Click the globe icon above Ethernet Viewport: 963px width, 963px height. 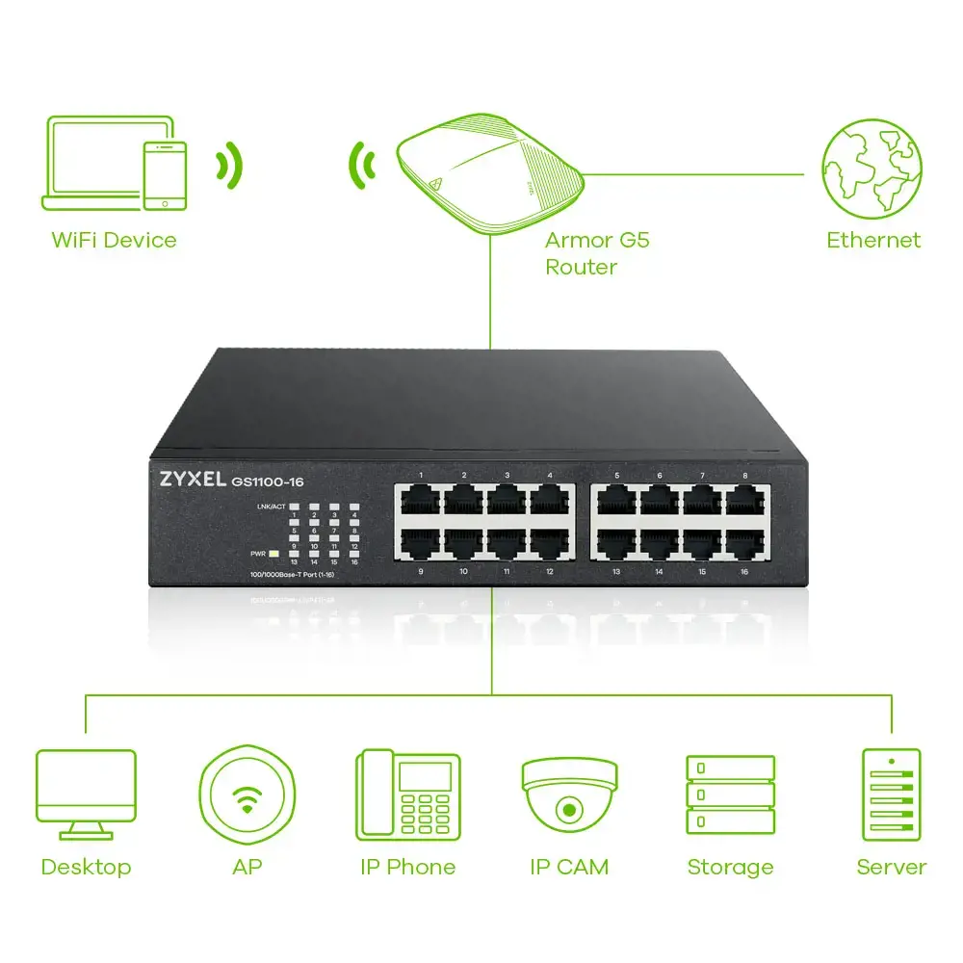pyautogui.click(x=871, y=169)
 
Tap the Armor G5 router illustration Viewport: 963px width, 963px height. pyautogui.click(x=488, y=174)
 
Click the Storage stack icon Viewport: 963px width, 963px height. pyautogui.click(x=730, y=794)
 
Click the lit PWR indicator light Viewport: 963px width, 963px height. pyautogui.click(x=274, y=554)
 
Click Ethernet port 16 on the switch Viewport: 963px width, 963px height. pyautogui.click(x=744, y=544)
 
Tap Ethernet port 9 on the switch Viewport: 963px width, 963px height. pyautogui.click(x=421, y=544)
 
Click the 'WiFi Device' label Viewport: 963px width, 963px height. pyautogui.click(x=114, y=240)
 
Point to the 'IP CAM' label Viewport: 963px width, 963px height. pyautogui.click(x=569, y=867)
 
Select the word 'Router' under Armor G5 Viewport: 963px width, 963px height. pyautogui.click(x=581, y=267)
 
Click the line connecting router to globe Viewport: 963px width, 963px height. pyautogui.click(x=693, y=175)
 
